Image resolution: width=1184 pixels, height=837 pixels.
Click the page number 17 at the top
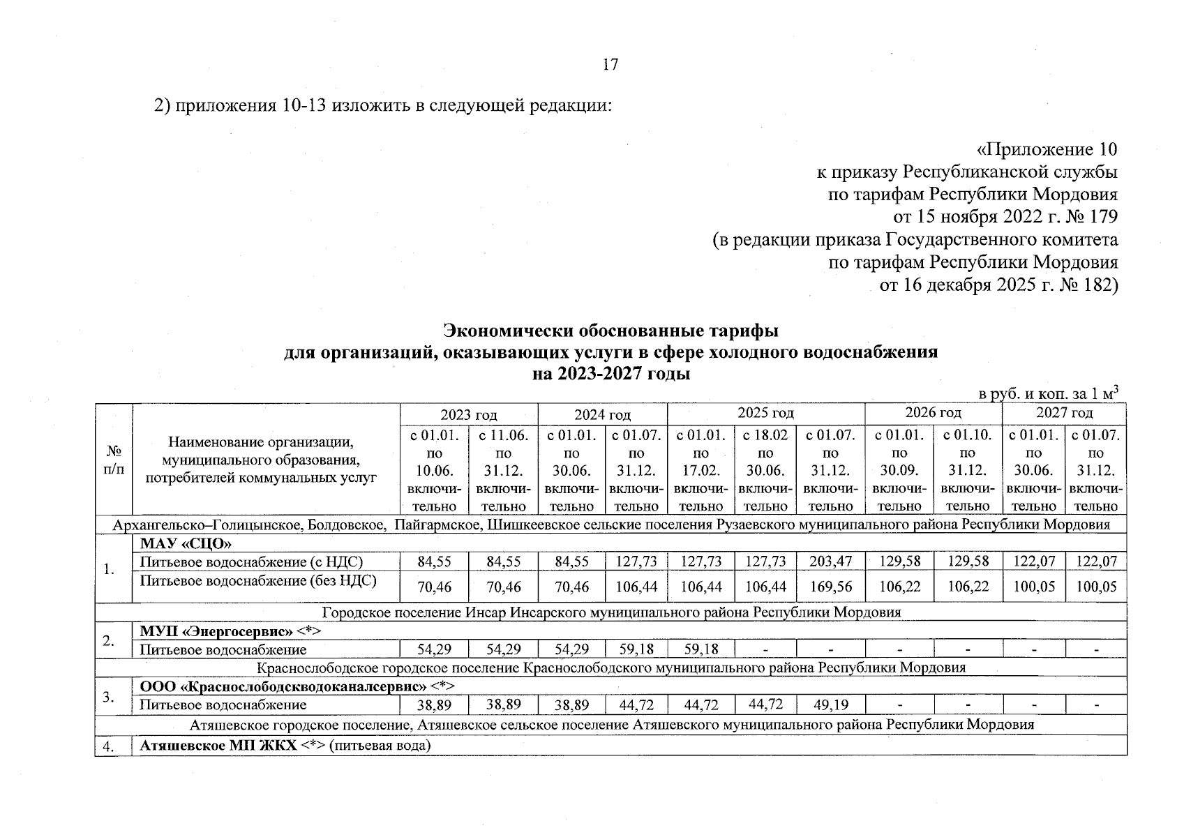610,65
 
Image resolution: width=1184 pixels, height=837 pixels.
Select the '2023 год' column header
469,415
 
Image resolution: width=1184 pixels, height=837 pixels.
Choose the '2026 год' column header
933,413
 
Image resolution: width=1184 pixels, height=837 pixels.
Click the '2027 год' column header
1064,413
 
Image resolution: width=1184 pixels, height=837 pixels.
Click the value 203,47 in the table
830,561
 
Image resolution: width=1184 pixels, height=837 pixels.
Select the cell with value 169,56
830,587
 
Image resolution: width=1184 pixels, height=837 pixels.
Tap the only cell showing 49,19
830,705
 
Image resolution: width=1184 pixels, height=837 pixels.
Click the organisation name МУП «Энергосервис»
216,632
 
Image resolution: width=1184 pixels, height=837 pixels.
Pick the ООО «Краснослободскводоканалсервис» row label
283,687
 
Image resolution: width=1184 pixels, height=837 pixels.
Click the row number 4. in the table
108,747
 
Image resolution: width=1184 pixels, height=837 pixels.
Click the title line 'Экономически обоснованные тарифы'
610,329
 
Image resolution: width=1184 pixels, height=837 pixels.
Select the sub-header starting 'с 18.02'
765,436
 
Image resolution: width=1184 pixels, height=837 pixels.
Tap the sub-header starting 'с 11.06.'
503,436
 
